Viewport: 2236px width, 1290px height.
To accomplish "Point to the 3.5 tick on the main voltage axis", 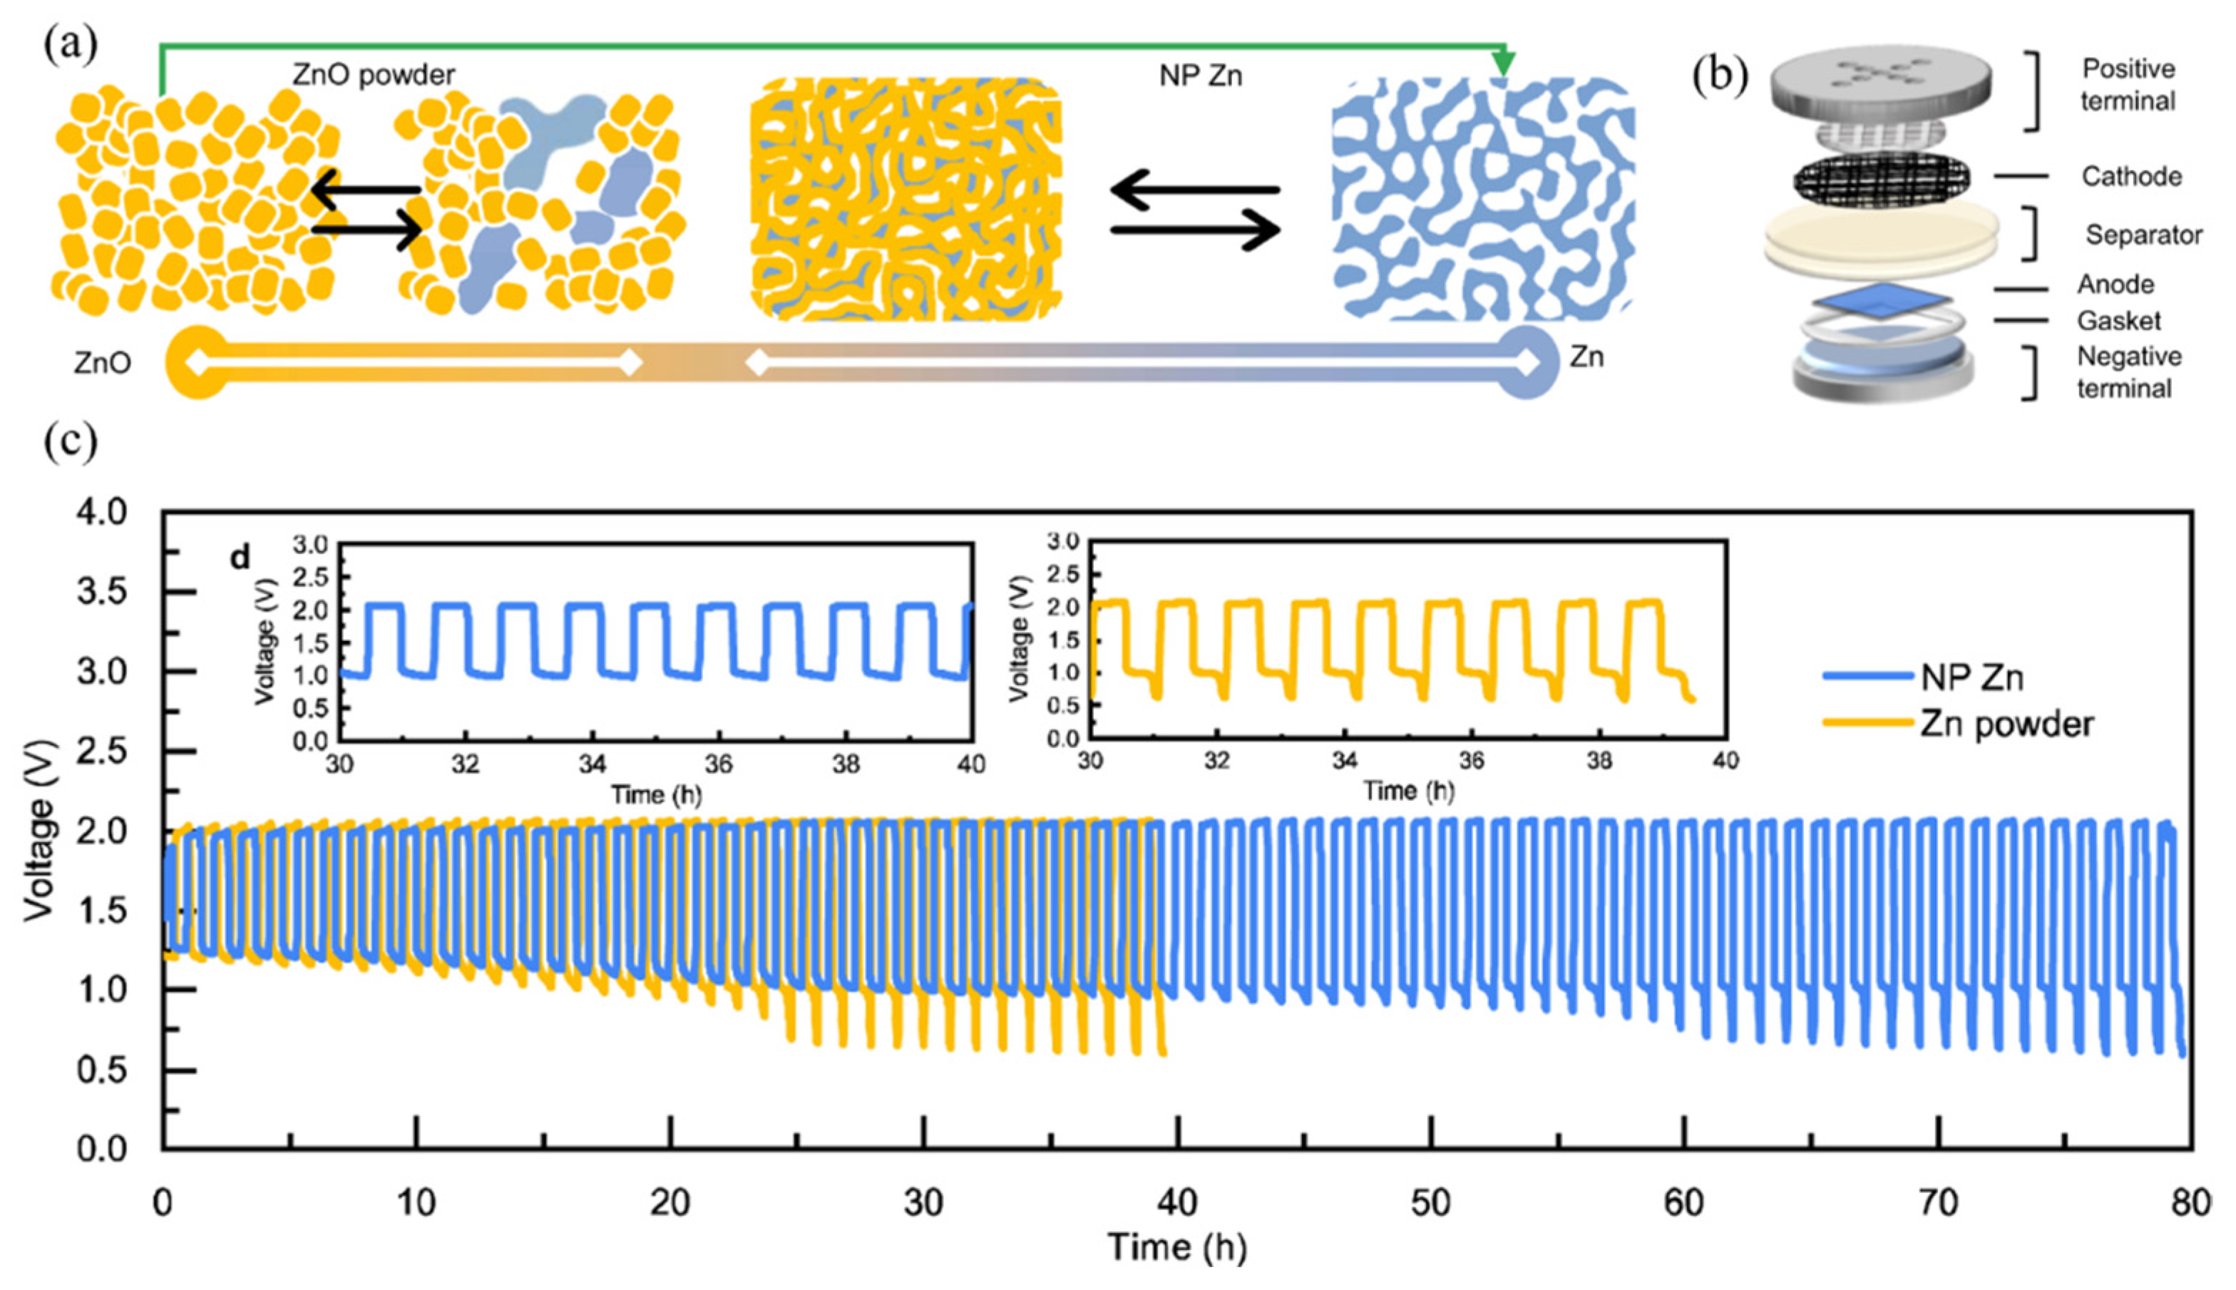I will [x=102, y=592].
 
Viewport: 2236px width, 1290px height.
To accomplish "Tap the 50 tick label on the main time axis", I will [x=1430, y=1203].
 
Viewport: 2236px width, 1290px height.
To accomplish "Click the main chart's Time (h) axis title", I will [x=1176, y=1247].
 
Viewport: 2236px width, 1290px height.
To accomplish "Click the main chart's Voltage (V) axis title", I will [x=40, y=830].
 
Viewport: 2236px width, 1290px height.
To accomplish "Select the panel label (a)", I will [x=70, y=44].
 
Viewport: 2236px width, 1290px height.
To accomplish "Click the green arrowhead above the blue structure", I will [x=1502, y=63].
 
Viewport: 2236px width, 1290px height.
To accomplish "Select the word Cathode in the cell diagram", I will [x=2130, y=176].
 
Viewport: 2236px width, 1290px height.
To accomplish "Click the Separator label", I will [x=2143, y=235].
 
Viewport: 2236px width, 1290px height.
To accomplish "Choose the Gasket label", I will [x=2118, y=320].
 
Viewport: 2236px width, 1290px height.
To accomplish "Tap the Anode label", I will [x=2116, y=285].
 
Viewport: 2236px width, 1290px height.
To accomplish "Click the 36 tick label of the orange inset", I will [x=1472, y=760].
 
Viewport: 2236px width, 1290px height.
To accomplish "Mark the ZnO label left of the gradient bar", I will [x=103, y=363].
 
